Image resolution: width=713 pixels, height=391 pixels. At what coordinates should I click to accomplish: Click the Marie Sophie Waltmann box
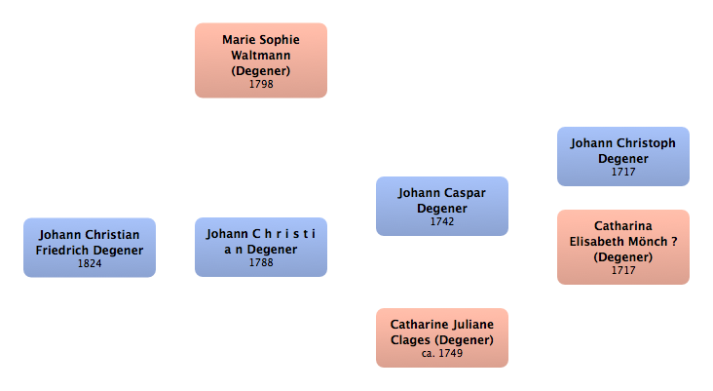260,60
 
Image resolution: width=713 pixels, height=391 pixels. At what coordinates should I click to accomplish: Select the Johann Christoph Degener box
622,156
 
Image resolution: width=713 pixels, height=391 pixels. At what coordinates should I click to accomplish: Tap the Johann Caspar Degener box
442,206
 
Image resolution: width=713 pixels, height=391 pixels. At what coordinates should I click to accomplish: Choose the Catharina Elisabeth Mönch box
622,247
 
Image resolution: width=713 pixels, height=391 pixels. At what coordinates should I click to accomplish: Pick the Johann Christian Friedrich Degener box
90,248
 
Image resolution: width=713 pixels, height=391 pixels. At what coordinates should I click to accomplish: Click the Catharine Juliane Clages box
442,337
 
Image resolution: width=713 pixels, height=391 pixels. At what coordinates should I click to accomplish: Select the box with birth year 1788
260,247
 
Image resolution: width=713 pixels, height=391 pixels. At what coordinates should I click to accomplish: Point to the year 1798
260,85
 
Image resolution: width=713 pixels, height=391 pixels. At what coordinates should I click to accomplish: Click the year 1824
90,263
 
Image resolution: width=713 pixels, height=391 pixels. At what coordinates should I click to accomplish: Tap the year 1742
442,221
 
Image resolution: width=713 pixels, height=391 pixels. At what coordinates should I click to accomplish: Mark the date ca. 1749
442,353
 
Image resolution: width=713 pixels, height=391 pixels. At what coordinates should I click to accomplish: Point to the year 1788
260,263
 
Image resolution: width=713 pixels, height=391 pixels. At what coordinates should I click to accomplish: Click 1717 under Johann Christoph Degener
622,172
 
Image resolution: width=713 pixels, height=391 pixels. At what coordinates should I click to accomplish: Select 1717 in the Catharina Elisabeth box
622,270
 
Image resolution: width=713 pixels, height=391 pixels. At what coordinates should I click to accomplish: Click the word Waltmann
260,56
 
